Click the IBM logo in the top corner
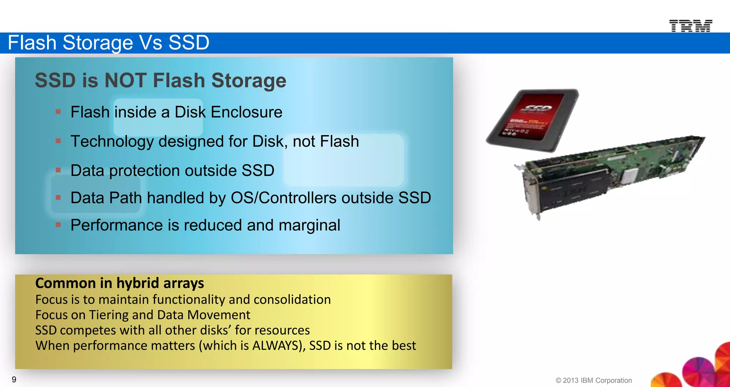click(690, 26)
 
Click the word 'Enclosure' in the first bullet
click(246, 112)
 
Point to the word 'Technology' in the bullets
click(112, 142)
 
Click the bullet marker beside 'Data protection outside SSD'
click(58, 170)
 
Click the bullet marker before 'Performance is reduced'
click(58, 225)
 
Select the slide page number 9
click(14, 380)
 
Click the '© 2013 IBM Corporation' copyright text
click(593, 381)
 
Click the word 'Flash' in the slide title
click(32, 43)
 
